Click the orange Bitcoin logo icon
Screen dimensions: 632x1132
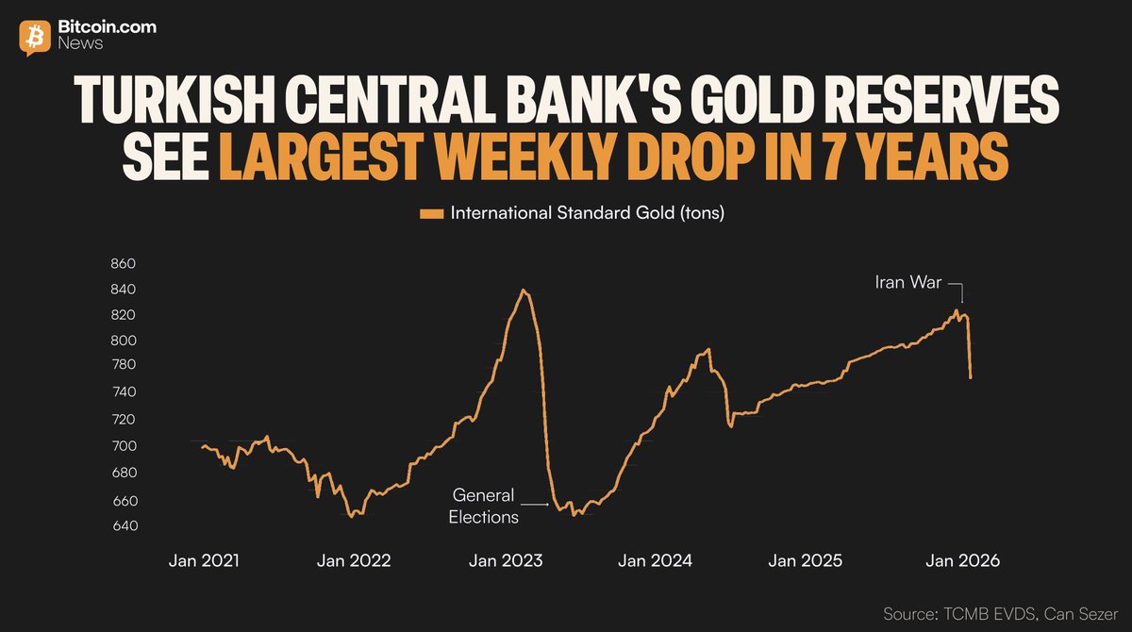click(x=36, y=36)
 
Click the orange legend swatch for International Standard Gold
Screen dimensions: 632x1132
click(x=431, y=214)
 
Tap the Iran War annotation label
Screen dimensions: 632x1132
click(x=907, y=282)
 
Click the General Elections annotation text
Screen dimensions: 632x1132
click(x=483, y=506)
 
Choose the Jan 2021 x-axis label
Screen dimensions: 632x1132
click(x=204, y=560)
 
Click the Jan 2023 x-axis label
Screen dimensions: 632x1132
click(x=506, y=560)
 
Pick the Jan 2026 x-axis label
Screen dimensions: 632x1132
click(x=961, y=560)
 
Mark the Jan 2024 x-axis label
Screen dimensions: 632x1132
click(x=655, y=560)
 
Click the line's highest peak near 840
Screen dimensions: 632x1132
click(x=524, y=290)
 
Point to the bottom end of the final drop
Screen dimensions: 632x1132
click(x=971, y=378)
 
